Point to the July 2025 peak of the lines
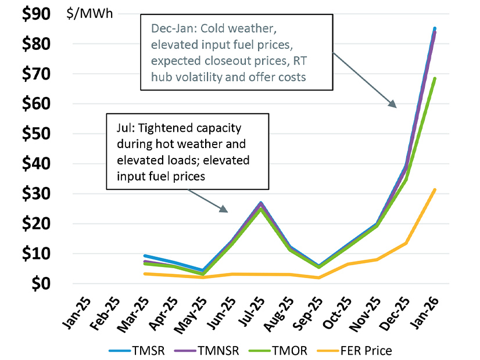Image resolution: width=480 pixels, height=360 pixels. click(261, 203)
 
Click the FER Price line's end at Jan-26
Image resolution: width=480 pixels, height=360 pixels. click(435, 189)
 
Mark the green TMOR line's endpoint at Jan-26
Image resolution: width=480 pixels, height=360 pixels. click(435, 78)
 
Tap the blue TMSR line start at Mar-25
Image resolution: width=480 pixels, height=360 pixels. click(144, 255)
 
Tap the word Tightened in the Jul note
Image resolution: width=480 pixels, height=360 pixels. click(156, 127)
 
